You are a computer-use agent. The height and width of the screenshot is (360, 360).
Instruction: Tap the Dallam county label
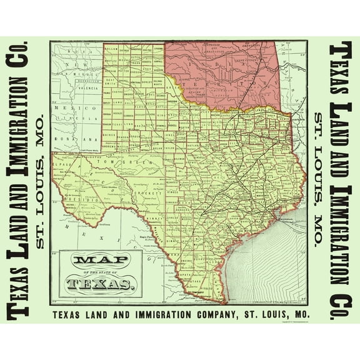[x=112, y=49]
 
